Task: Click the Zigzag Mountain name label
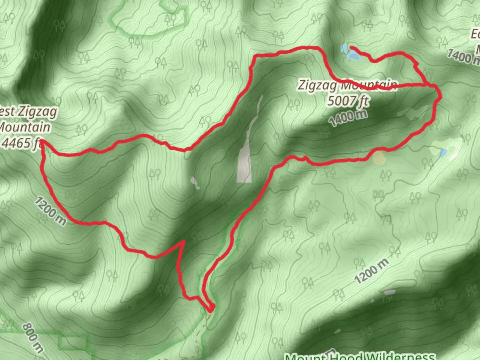[347, 85]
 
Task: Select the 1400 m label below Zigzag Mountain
[348, 118]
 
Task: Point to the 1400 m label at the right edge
[463, 56]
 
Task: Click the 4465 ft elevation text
[21, 143]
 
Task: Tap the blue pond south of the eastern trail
[443, 153]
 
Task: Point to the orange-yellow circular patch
[378, 157]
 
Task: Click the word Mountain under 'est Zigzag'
[25, 127]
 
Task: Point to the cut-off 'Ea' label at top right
[475, 34]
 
